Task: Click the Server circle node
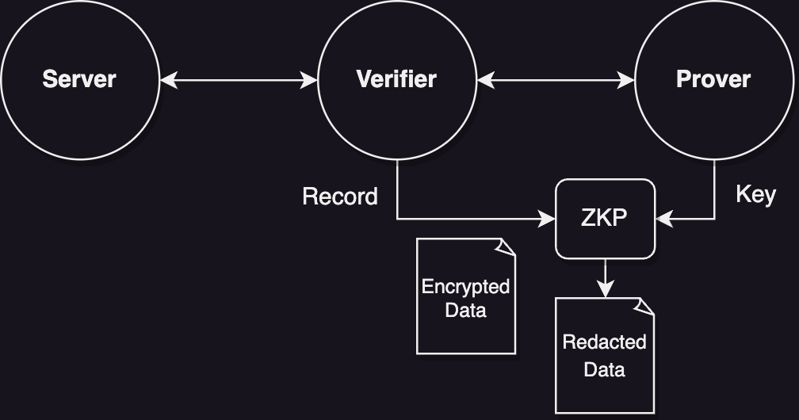[79, 79]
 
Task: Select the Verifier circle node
[396, 79]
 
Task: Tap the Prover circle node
[713, 79]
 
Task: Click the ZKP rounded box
[605, 219]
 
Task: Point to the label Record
[340, 197]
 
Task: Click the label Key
[755, 194]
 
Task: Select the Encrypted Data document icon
[466, 296]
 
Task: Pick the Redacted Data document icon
[605, 356]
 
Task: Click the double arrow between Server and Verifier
[239, 79]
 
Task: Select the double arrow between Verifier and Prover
[556, 79]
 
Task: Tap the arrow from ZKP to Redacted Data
[605, 277]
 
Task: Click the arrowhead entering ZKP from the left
[548, 219]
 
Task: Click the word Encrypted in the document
[465, 286]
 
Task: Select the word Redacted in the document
[604, 342]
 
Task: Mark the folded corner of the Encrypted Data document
[506, 246]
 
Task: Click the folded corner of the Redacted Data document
[644, 306]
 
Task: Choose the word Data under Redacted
[604, 369]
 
